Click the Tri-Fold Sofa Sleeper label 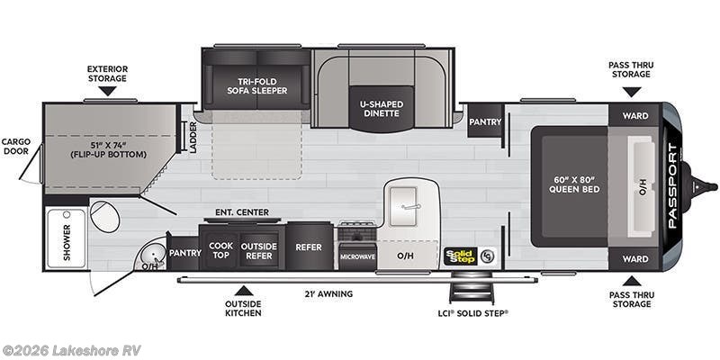(x=256, y=85)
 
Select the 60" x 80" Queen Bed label (x=574, y=184)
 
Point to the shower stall (x=67, y=238)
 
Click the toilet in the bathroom (x=104, y=216)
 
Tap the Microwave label (x=357, y=256)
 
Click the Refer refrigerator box (x=309, y=247)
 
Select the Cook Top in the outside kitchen (x=220, y=250)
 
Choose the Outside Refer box (x=259, y=250)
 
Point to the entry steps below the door (x=472, y=288)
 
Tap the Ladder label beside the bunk (x=193, y=138)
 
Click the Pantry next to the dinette (x=485, y=121)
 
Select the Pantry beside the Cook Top (x=184, y=253)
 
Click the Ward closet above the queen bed (x=635, y=116)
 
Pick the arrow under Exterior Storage (x=107, y=91)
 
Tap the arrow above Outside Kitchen (x=243, y=290)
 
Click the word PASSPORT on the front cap (x=672, y=186)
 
